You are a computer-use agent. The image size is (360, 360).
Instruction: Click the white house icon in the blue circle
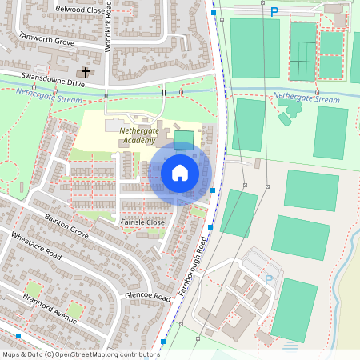[180, 173]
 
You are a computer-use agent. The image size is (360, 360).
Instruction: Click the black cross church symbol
[86, 72]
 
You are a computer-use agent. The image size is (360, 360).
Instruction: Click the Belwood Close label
[79, 9]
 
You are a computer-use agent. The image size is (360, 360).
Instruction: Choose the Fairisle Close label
[142, 222]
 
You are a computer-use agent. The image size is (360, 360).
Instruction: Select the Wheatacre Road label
[36, 246]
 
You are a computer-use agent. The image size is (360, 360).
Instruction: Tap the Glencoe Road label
[148, 296]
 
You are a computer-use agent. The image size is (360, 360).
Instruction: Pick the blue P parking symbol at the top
[274, 12]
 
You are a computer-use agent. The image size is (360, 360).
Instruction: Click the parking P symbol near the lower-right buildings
[269, 279]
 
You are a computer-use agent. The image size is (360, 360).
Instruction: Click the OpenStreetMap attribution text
[80, 354]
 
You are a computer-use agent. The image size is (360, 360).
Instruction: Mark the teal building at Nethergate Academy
[184, 139]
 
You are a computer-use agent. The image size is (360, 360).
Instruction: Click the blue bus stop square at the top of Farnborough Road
[213, 13]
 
